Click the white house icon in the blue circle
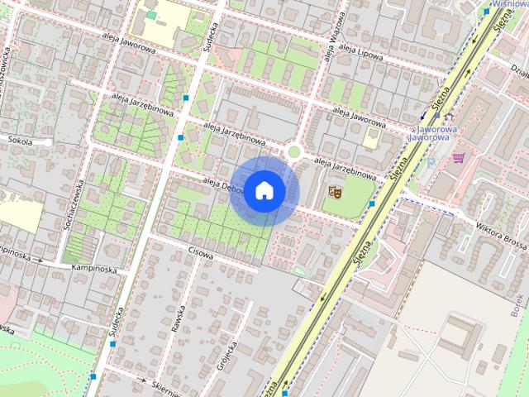(x=264, y=190)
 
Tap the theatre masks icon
(x=336, y=192)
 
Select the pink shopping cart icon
(x=458, y=156)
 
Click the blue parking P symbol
(x=430, y=162)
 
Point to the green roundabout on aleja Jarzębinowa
(x=293, y=151)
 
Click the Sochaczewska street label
(x=71, y=206)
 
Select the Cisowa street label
(x=201, y=255)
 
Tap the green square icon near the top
(x=151, y=15)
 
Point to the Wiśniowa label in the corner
(x=510, y=3)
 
